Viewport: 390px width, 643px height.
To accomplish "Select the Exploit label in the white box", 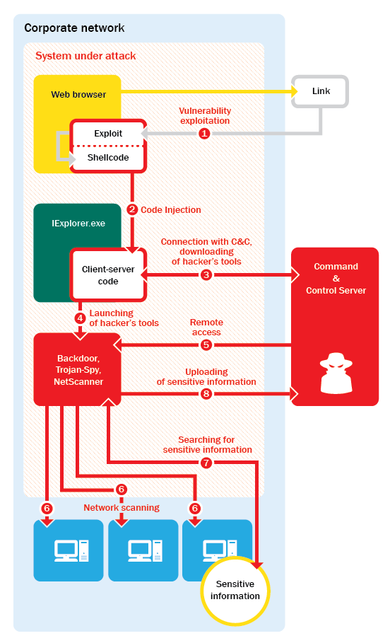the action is point(108,133).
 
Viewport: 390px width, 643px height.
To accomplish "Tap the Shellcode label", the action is point(108,158).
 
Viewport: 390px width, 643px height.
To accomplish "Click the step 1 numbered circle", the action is point(204,133).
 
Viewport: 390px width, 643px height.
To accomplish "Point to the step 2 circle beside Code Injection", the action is point(132,209).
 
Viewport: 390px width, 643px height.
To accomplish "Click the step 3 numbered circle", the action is point(206,274).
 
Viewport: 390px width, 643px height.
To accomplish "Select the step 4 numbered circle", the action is point(81,318).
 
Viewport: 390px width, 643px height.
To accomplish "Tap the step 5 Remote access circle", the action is point(206,345).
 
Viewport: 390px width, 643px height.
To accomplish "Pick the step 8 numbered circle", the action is point(206,394).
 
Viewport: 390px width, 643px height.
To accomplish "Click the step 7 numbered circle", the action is point(206,463).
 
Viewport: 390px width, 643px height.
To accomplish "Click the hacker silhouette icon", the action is point(336,373).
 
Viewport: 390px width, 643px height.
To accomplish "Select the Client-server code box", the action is point(108,274).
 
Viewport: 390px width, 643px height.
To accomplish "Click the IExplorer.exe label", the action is point(78,224).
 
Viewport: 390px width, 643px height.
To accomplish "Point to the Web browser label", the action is point(78,94).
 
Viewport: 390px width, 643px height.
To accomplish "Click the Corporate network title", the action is point(74,28).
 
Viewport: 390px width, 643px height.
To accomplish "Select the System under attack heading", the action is point(85,56).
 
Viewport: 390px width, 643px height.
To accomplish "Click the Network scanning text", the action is point(122,508).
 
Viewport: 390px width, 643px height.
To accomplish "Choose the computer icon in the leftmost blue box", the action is point(71,551).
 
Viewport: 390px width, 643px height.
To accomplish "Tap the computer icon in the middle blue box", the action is point(145,551).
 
